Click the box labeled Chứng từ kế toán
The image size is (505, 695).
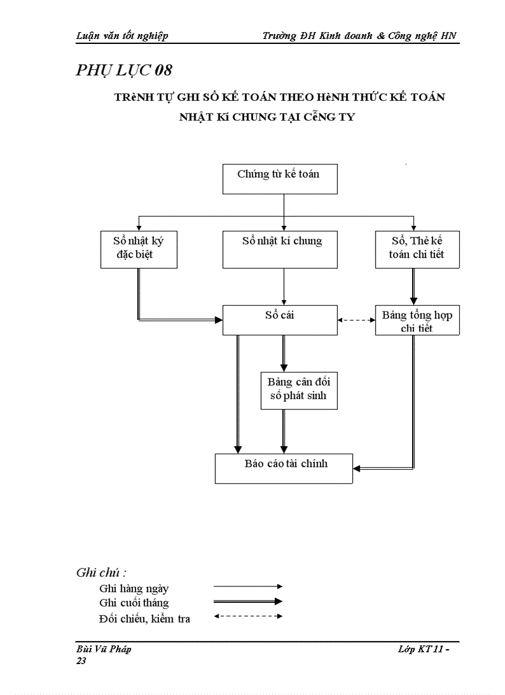tap(279, 179)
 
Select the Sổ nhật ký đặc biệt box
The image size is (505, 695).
tap(139, 249)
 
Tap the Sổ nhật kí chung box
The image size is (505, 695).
tap(280, 249)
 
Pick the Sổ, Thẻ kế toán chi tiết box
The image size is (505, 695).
tap(417, 249)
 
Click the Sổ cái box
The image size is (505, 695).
tap(280, 320)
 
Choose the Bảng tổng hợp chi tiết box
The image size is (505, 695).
tap(417, 321)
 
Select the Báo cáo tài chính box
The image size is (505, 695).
tap(283, 468)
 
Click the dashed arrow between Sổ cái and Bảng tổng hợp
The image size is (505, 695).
tap(356, 320)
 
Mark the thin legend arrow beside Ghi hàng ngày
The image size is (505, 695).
tap(248, 586)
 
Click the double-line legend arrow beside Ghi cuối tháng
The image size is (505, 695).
tap(248, 601)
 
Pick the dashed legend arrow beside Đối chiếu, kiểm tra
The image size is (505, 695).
tap(248, 616)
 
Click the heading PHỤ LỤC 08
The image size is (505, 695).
tap(124, 70)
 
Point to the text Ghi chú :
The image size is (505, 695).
tap(101, 572)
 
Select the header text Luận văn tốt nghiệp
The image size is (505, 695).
tap(122, 36)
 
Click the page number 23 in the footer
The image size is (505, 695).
tap(81, 661)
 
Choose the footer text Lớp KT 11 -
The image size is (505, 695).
tap(424, 649)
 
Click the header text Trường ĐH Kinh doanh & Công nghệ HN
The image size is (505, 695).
tap(359, 36)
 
